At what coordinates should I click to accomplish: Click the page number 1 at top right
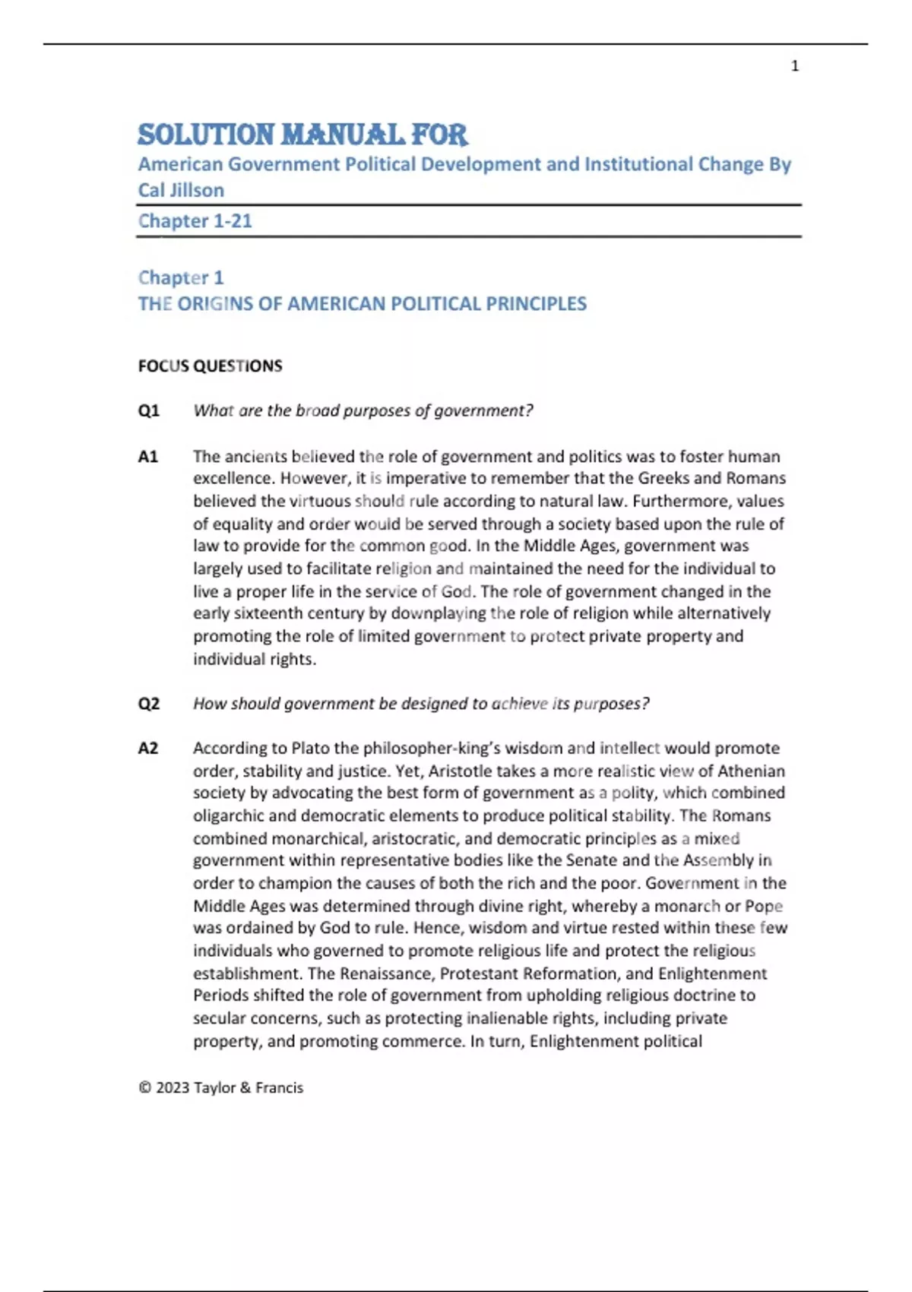coord(795,66)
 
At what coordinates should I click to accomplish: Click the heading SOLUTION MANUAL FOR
coord(302,135)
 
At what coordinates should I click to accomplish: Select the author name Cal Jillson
coord(181,190)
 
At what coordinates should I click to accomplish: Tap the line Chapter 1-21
coord(195,221)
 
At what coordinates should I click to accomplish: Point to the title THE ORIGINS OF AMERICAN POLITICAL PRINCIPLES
coord(362,304)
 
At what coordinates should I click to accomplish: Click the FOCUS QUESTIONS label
coord(210,366)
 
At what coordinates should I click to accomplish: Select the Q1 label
coord(148,411)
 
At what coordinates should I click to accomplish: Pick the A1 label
coord(147,457)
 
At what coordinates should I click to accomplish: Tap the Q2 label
coord(148,704)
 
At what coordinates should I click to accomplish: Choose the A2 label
coord(147,749)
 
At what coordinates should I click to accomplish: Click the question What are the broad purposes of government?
coord(363,411)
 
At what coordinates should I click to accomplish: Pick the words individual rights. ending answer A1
coord(254,660)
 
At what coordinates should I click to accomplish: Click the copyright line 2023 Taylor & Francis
coord(221,1088)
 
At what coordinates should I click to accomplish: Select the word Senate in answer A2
coord(591,861)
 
